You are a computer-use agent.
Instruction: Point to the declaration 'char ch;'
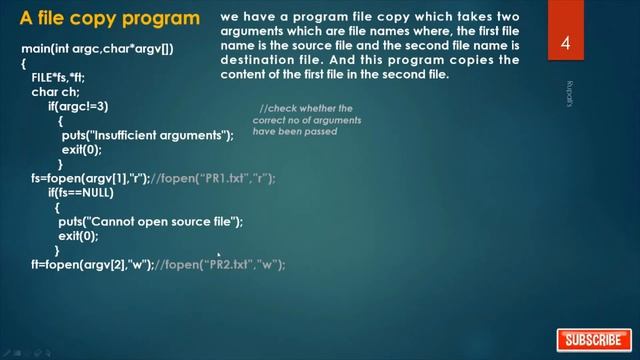point(55,91)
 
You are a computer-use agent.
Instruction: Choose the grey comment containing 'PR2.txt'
point(221,264)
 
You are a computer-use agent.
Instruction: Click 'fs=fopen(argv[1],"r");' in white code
point(90,178)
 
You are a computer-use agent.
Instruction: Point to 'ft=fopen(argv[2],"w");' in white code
point(92,264)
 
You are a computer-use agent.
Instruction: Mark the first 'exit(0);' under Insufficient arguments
point(82,149)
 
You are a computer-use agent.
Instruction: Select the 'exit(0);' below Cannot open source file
point(78,236)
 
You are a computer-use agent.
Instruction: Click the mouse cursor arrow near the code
point(219,254)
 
